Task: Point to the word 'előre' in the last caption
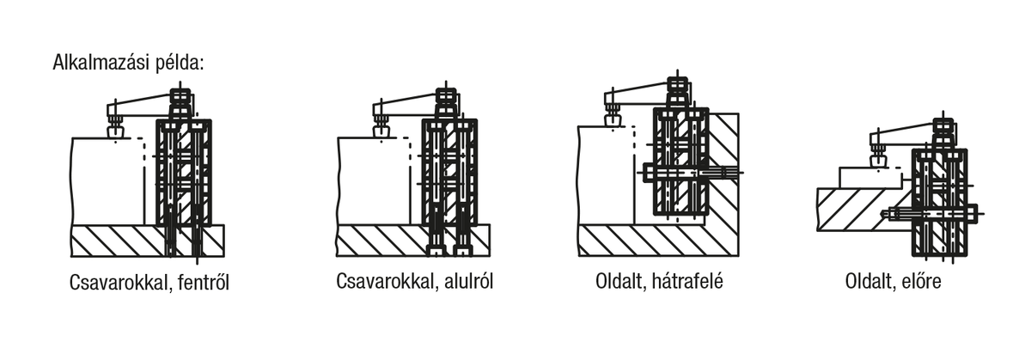point(922,281)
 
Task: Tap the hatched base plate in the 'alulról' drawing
point(378,240)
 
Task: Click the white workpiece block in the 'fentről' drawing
point(103,180)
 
